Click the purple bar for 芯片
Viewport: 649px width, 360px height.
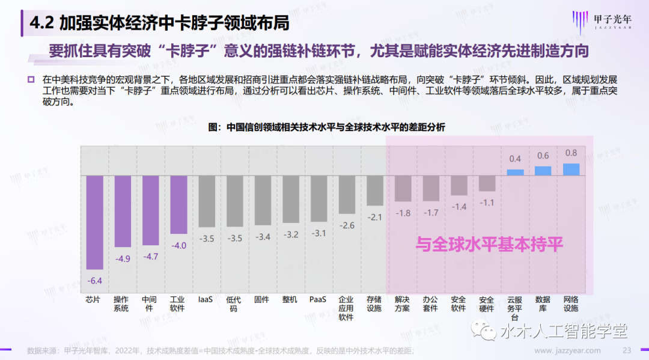pyautogui.click(x=94, y=222)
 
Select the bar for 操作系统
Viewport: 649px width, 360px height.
pyautogui.click(x=123, y=211)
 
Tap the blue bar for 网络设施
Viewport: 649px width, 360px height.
pyautogui.click(x=571, y=169)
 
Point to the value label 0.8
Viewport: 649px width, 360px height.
pyautogui.click(x=571, y=153)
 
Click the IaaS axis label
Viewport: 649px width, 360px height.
pyautogui.click(x=206, y=299)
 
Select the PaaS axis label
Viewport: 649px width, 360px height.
pyautogui.click(x=318, y=299)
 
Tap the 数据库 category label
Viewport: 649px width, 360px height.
pyautogui.click(x=543, y=304)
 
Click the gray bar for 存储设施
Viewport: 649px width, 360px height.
pyautogui.click(x=375, y=191)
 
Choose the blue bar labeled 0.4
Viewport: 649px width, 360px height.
pyautogui.click(x=515, y=172)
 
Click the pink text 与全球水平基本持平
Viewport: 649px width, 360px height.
pyautogui.click(x=490, y=245)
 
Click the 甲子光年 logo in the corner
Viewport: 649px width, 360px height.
pyautogui.click(x=601, y=22)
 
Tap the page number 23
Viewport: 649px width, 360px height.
pyautogui.click(x=626, y=350)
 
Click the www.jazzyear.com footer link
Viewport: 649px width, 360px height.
pyautogui.click(x=567, y=350)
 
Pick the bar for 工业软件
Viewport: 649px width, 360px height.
pyautogui.click(x=178, y=204)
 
